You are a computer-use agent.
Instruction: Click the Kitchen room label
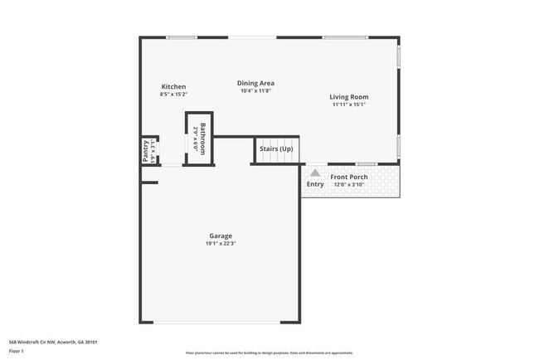click(x=173, y=87)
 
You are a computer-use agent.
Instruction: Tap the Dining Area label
click(x=255, y=83)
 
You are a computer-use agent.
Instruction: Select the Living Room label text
click(x=349, y=97)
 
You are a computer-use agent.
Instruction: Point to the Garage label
click(x=220, y=236)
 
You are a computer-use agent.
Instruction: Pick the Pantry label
click(x=146, y=151)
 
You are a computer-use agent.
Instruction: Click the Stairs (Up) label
click(x=276, y=148)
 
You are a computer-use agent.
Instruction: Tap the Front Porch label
click(x=349, y=177)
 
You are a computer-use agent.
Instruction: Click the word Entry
click(x=315, y=184)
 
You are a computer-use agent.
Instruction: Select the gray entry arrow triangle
click(x=315, y=173)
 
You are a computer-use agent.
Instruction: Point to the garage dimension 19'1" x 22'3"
click(x=220, y=244)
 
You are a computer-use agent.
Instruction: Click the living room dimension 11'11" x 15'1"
click(x=349, y=105)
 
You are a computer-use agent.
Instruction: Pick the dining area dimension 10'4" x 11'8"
click(x=255, y=90)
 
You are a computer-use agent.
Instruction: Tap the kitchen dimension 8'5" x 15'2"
click(x=173, y=95)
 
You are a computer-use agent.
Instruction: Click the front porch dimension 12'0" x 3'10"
click(x=349, y=184)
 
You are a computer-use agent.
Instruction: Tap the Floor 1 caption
click(x=17, y=351)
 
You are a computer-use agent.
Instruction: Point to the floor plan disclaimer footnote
click(x=269, y=353)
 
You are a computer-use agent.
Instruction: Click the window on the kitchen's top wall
click(x=181, y=37)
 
